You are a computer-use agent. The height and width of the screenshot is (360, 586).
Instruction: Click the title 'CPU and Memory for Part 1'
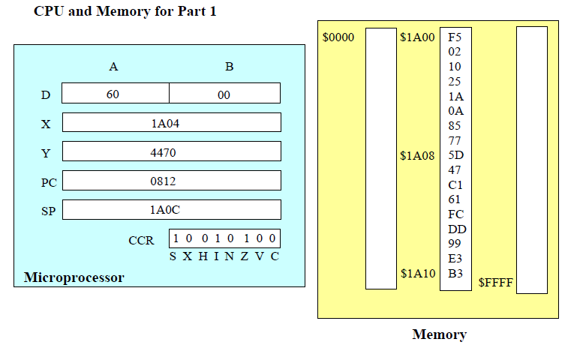[125, 12]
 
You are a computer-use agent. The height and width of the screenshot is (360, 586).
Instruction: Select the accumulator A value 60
[113, 95]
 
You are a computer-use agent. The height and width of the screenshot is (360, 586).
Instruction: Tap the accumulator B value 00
[224, 95]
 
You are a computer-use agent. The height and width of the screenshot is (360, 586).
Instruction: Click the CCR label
[141, 241]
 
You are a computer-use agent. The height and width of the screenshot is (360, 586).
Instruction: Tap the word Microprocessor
[74, 277]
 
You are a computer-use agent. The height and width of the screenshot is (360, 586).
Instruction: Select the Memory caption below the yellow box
[439, 334]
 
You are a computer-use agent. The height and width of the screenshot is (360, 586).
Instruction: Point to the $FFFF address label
[496, 283]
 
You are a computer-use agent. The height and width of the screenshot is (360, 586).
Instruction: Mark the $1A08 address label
[417, 157]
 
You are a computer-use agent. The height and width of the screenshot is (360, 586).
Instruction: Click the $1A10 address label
[417, 274]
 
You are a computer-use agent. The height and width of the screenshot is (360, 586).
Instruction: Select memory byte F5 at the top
[455, 37]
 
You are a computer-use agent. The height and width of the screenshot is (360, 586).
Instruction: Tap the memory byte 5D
[455, 156]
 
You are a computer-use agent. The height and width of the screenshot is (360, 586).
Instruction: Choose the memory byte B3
[455, 274]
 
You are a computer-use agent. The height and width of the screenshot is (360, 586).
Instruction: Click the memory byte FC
[455, 214]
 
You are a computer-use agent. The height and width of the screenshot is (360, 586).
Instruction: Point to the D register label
[46, 95]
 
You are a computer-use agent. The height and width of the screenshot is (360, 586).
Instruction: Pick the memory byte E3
[455, 259]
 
